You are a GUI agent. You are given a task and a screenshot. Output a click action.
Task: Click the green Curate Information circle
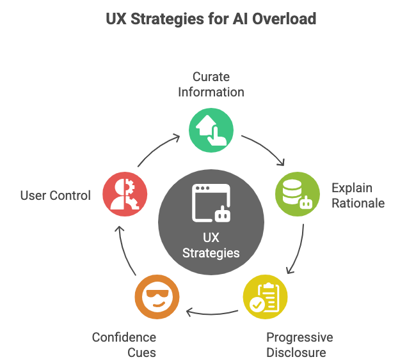[211, 130]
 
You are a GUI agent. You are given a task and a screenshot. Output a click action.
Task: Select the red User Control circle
[125, 193]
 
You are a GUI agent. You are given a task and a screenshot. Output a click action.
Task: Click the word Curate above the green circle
[211, 77]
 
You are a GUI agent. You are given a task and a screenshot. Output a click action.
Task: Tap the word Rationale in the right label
[358, 203]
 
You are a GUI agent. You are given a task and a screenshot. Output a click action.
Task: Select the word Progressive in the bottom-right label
[299, 338]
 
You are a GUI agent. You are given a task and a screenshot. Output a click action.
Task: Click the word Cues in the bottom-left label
[141, 353]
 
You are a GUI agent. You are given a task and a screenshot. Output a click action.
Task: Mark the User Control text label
[56, 195]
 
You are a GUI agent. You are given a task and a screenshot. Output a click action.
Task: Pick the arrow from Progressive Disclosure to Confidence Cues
[211, 312]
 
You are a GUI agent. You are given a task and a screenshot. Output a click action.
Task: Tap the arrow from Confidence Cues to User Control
[124, 251]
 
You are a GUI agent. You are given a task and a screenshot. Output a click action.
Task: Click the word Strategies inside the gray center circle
[211, 253]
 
